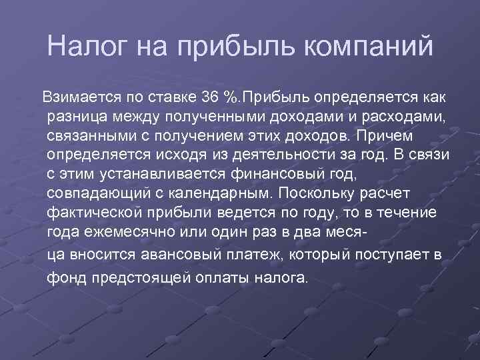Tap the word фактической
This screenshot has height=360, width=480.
pyautogui.click(x=91, y=213)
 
